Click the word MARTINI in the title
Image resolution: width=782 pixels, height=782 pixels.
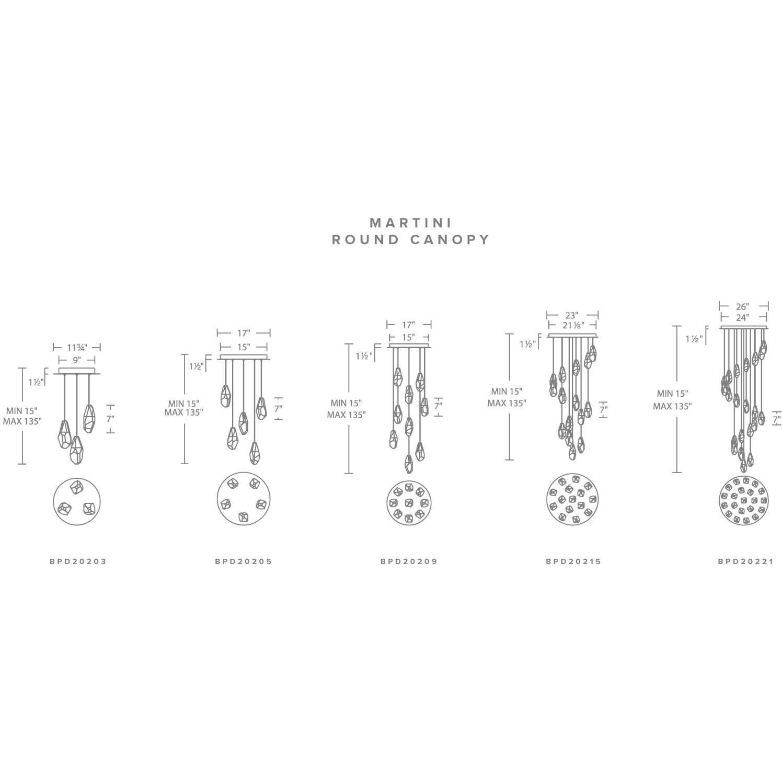coord(410,223)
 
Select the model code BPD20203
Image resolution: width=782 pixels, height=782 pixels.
coord(78,561)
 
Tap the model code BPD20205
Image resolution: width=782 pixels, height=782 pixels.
coord(243,561)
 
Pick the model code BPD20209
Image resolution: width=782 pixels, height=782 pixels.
coord(409,561)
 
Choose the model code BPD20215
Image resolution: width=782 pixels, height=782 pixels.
coord(573,561)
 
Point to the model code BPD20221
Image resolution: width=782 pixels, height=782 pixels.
coord(745,561)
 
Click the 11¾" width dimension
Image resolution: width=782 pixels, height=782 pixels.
coord(77,347)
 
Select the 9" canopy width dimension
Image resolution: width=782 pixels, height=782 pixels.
coord(77,360)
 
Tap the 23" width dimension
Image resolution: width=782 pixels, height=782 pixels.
coord(572,315)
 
